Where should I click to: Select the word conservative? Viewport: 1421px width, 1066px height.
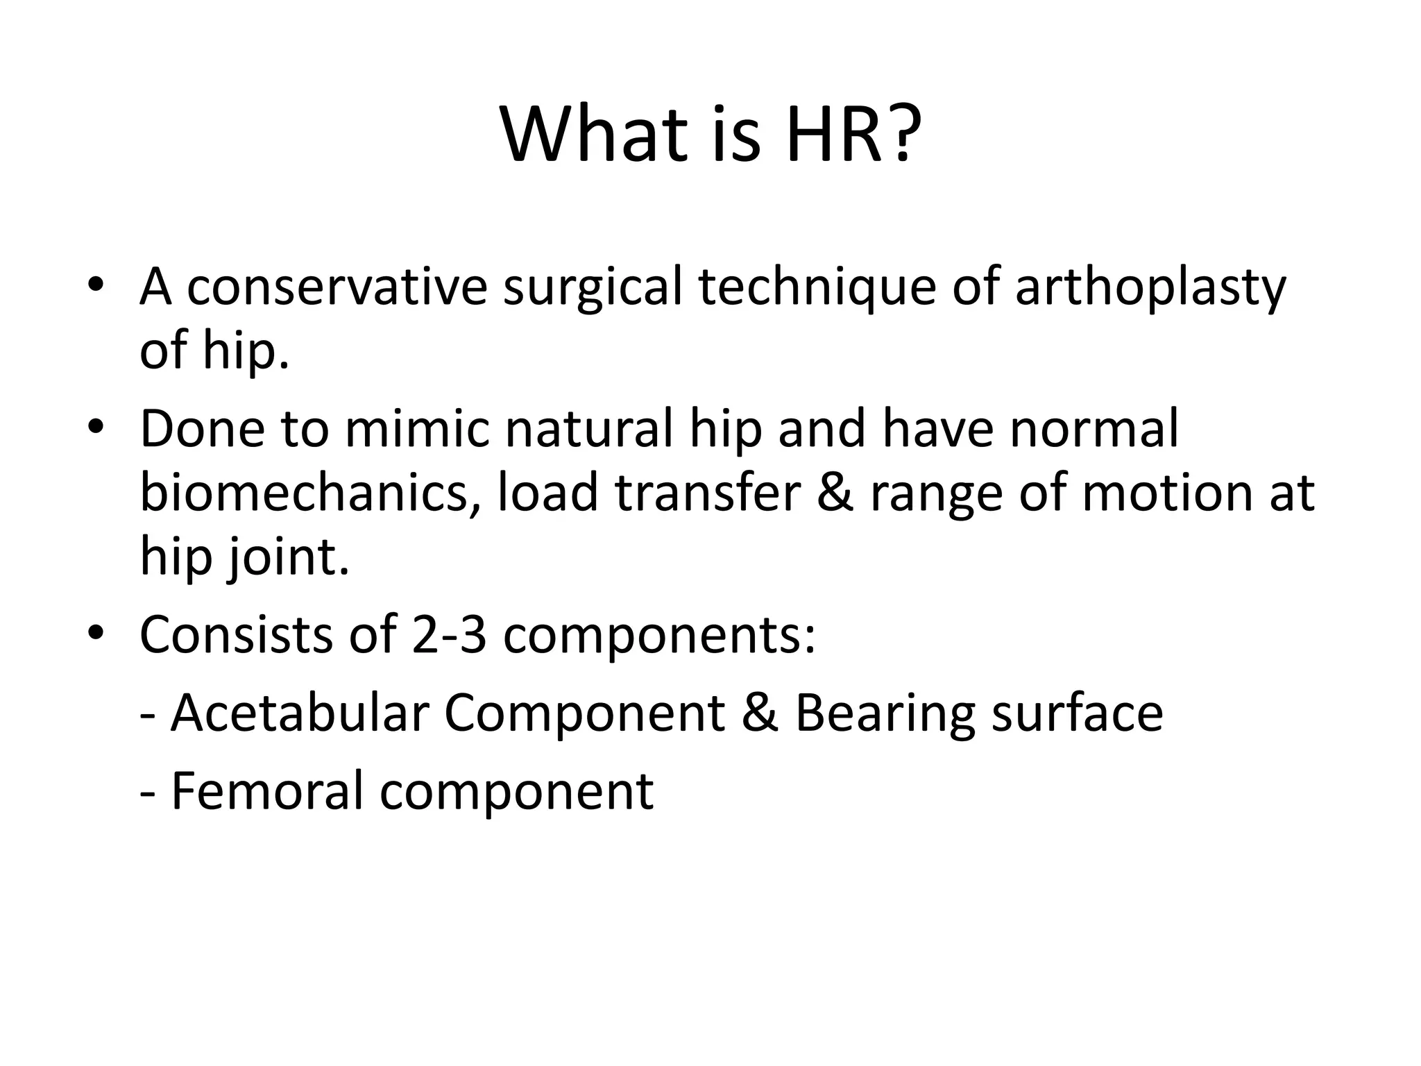[x=337, y=287]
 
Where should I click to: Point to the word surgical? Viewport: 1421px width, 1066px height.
[x=592, y=287]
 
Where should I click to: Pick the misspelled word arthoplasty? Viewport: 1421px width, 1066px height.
[x=1150, y=287]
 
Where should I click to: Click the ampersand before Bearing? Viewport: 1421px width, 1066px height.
[x=759, y=713]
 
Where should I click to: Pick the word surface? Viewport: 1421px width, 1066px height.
[x=1076, y=713]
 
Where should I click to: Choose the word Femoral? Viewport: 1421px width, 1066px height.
[x=267, y=791]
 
